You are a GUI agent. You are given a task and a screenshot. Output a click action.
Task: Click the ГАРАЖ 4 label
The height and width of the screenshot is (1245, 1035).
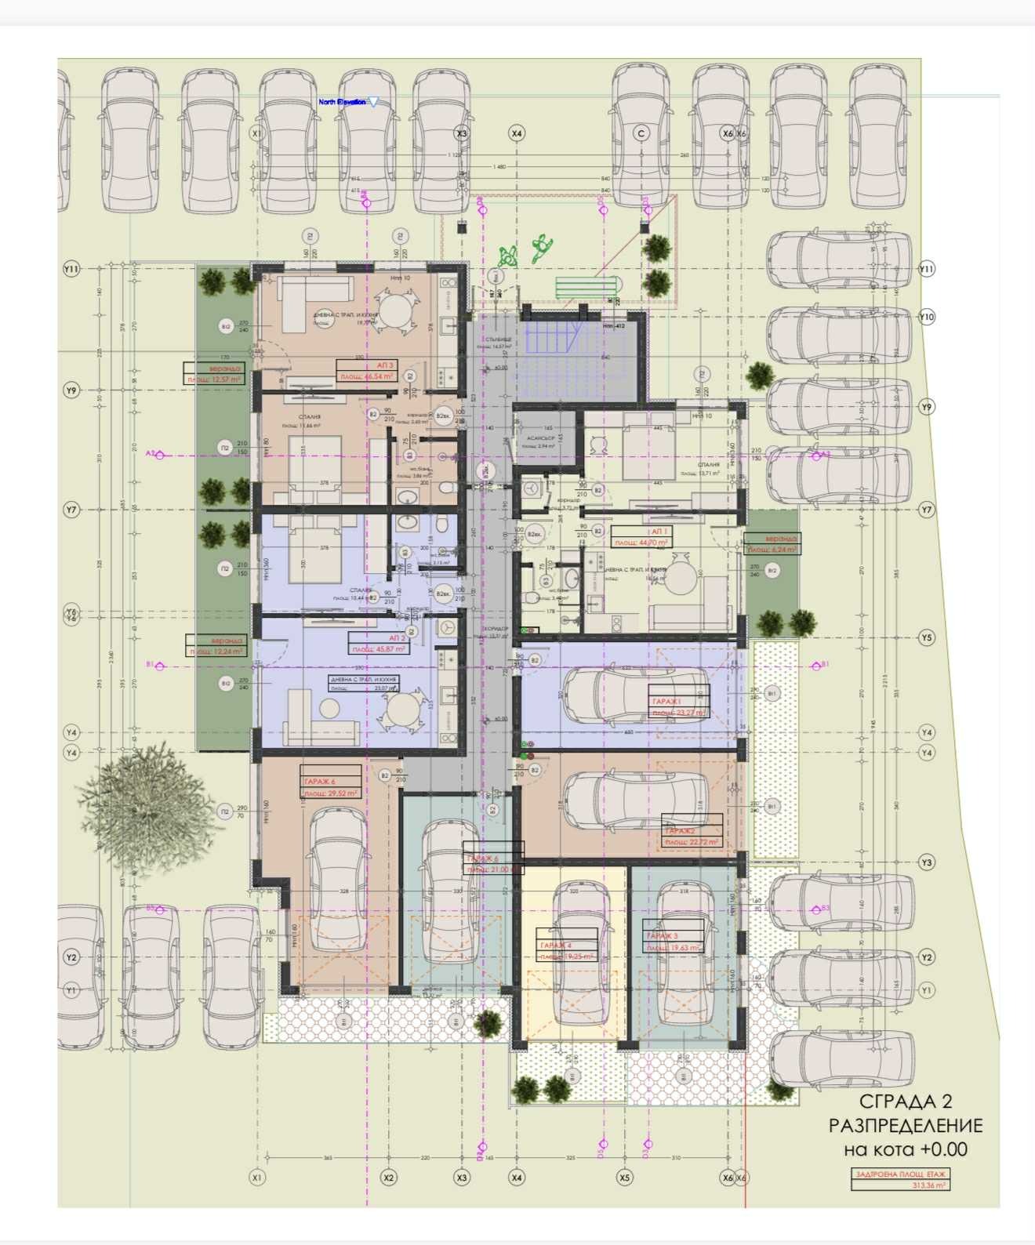point(555,946)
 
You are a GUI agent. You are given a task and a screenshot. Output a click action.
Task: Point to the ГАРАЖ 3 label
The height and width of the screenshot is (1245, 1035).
point(662,936)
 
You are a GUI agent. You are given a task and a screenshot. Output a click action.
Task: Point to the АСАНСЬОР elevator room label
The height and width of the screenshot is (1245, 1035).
point(540,438)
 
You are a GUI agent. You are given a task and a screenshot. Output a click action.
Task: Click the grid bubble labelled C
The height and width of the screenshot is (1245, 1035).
point(641,134)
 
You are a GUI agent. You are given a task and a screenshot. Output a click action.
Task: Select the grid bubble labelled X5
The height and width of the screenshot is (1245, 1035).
point(624,1177)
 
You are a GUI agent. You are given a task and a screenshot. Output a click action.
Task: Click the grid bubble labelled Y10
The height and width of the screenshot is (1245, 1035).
point(927,317)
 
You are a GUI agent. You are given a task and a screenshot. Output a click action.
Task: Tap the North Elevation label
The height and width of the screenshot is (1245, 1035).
point(343,102)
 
